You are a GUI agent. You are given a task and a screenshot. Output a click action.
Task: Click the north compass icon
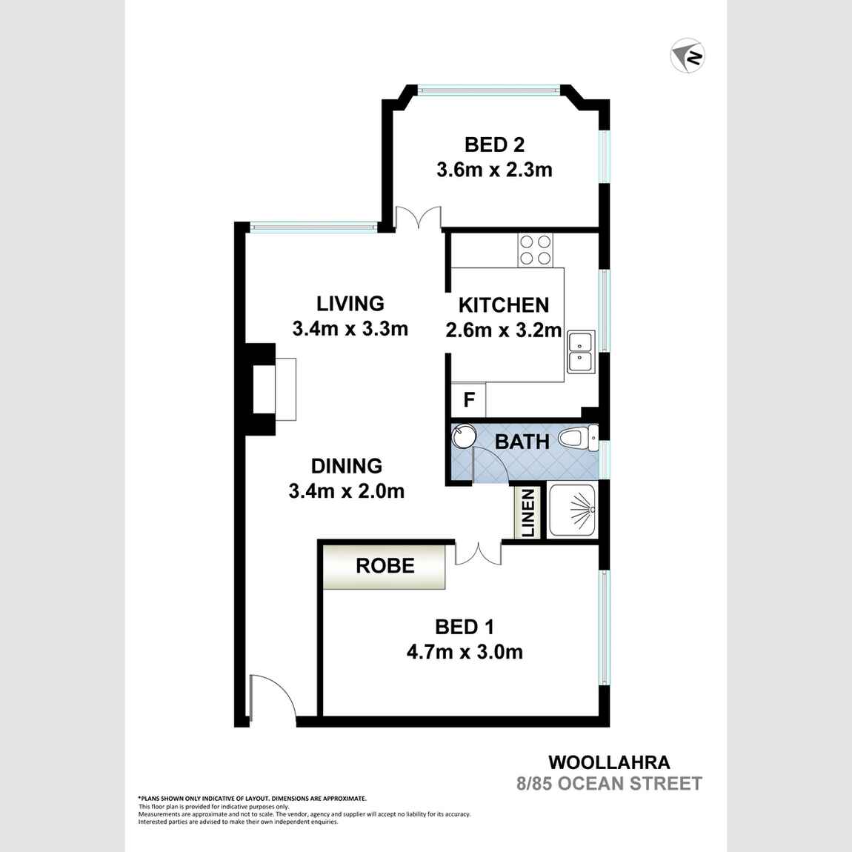[688, 56]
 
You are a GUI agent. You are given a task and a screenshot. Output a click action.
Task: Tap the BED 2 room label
[494, 144]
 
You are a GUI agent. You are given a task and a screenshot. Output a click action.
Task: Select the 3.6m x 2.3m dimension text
[494, 170]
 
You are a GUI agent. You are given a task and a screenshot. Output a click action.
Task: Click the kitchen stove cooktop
[535, 250]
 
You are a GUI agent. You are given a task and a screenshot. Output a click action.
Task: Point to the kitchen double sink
[581, 351]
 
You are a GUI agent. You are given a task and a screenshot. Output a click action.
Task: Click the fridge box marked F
[468, 400]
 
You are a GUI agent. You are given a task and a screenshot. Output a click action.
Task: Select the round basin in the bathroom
[465, 436]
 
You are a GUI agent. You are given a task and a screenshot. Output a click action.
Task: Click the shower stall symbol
[572, 510]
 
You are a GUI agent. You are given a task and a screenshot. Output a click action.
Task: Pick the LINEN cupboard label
[528, 513]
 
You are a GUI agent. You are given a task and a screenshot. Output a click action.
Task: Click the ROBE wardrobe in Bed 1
[385, 566]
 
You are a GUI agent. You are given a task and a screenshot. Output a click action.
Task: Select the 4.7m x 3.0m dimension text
[465, 652]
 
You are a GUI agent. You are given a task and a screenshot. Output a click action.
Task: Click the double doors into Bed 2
[418, 219]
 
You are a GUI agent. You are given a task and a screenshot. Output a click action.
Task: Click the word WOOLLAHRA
[609, 762]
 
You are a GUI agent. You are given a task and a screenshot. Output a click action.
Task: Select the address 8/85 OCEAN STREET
[609, 783]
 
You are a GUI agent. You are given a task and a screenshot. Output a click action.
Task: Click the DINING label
[346, 466]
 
